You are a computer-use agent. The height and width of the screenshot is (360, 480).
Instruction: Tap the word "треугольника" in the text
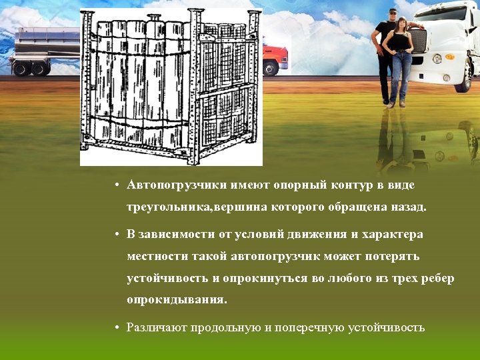click(169, 207)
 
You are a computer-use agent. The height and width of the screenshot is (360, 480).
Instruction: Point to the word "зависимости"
click(175, 235)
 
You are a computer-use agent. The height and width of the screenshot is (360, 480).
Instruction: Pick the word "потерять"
click(394, 256)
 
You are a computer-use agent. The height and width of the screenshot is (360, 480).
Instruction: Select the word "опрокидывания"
click(177, 300)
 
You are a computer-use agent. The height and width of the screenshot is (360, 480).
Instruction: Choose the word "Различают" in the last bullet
click(157, 328)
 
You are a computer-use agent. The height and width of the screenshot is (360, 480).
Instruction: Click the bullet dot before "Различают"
click(117, 328)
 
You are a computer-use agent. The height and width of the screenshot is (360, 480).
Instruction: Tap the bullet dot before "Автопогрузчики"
click(117, 185)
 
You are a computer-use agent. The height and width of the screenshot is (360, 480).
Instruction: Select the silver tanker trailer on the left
click(40, 47)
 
